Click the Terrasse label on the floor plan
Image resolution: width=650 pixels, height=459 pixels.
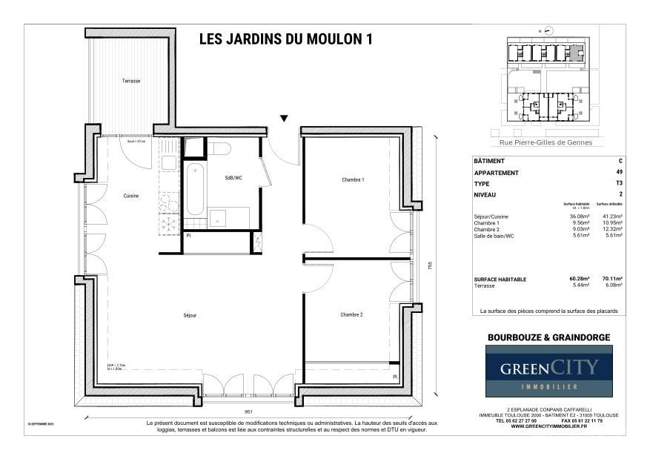coord(131,80)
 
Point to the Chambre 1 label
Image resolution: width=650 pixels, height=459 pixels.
coord(353,180)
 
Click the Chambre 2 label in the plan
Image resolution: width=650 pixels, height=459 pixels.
coord(351,314)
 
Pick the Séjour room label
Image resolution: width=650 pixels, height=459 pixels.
coord(190,314)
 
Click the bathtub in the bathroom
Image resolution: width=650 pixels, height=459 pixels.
coord(194,188)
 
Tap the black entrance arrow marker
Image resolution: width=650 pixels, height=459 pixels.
coord(284,119)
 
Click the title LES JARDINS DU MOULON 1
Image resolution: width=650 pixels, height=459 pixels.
coord(285,41)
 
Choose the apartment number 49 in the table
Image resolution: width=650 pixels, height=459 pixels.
coord(619,173)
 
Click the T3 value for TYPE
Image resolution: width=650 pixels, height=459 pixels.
coord(619,183)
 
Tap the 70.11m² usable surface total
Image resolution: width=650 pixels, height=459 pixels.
coord(611,279)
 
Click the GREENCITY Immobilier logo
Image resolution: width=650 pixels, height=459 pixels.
coord(548,371)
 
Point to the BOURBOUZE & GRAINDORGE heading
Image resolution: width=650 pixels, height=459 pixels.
coord(548,337)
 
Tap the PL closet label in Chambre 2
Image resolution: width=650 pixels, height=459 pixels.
coord(395,377)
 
